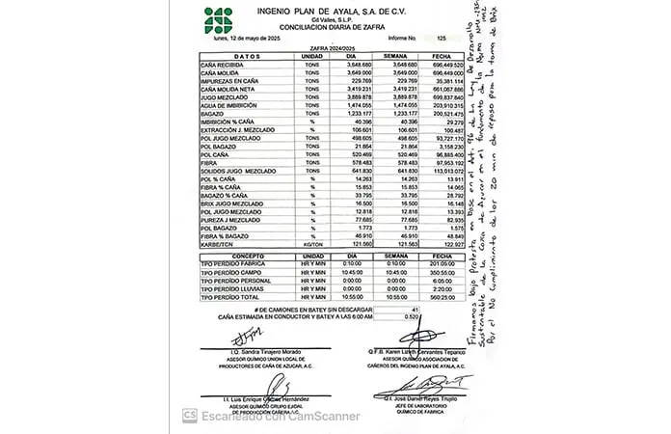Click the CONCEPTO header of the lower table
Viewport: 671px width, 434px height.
(x=232, y=257)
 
